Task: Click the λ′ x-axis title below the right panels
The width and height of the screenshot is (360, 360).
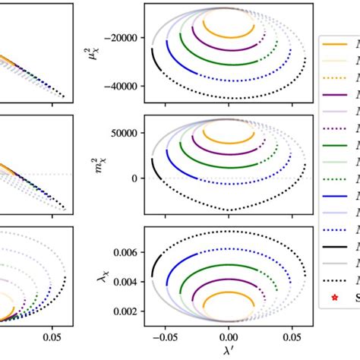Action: pyautogui.click(x=228, y=350)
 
